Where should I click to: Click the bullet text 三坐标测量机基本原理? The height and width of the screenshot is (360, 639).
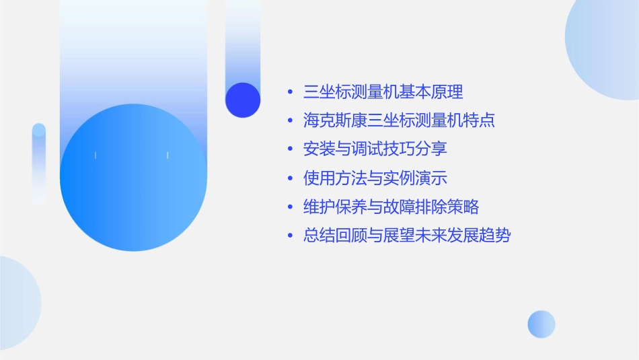(x=383, y=92)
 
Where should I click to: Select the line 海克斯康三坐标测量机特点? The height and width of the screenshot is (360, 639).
(x=400, y=120)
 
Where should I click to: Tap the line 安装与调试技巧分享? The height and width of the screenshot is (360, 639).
(x=375, y=149)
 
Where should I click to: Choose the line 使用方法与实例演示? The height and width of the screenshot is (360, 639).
(x=375, y=178)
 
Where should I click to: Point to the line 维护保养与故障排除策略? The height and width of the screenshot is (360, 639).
(x=391, y=207)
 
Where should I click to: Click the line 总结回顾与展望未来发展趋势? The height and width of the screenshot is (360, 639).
(x=408, y=236)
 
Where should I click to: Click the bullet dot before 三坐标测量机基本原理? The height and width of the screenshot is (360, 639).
(x=290, y=92)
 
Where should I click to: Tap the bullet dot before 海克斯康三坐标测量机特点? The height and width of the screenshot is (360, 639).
(x=290, y=121)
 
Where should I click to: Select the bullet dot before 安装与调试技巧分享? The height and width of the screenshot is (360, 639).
(x=290, y=149)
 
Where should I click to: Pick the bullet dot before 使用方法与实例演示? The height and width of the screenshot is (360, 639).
(x=290, y=178)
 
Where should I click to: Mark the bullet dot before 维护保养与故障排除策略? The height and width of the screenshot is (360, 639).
(x=290, y=207)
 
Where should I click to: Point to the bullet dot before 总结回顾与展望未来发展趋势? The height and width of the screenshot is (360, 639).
(x=290, y=236)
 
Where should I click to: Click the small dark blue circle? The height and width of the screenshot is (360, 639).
(x=243, y=100)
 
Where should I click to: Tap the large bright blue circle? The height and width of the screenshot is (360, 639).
(x=133, y=178)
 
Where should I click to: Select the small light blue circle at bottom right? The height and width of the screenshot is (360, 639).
(x=541, y=324)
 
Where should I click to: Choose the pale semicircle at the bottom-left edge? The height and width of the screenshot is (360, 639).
(x=17, y=303)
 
